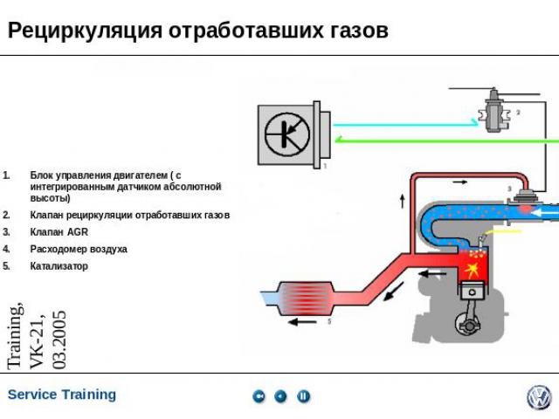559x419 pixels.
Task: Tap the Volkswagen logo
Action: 539,397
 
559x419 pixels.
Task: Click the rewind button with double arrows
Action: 259,396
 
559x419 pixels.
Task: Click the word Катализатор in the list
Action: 59,266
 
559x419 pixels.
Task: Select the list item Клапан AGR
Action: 59,232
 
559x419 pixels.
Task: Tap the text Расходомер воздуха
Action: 78,249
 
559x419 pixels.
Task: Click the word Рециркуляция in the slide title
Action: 85,31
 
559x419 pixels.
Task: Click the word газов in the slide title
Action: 356,31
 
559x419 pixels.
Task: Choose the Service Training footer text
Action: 61,395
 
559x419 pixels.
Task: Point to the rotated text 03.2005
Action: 59,339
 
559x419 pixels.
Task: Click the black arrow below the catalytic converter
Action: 304,321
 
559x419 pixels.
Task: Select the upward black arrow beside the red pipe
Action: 403,201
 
